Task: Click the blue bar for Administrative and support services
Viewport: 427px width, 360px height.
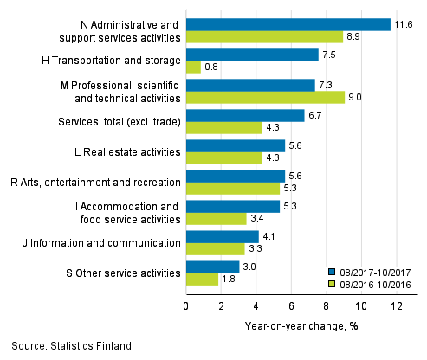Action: (288, 24)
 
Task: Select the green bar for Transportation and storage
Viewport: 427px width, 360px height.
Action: (194, 67)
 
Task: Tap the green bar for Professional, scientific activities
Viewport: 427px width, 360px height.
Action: (266, 97)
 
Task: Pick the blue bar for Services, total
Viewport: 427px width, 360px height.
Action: (245, 115)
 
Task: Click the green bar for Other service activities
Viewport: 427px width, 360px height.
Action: (203, 279)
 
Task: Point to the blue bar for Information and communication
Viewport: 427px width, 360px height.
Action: (223, 236)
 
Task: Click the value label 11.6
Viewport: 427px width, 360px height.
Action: (403, 24)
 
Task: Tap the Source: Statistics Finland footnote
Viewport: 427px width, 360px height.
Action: (68, 346)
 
